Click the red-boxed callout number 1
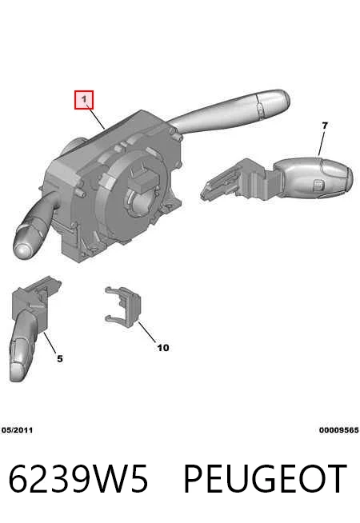[84, 100]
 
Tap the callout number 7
[325, 126]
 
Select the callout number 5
[60, 358]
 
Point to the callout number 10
[163, 348]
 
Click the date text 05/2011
[17, 430]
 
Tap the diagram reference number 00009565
[338, 430]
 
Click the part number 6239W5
[78, 479]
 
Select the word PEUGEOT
[266, 479]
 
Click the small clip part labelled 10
[125, 306]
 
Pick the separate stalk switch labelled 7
[277, 179]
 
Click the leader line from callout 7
[322, 143]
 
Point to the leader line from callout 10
[147, 332]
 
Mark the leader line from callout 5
[50, 343]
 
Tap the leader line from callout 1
[95, 117]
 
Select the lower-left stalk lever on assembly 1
[35, 227]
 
